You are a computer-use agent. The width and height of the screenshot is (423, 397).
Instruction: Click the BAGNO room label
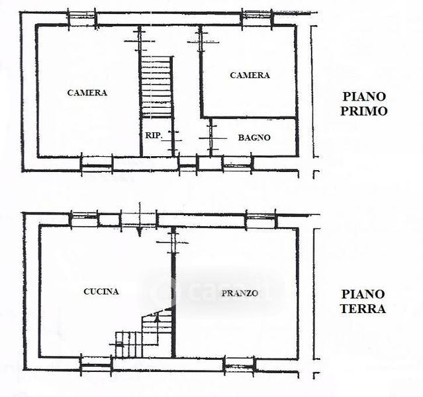[254, 138]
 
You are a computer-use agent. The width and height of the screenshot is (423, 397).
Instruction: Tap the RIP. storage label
[154, 136]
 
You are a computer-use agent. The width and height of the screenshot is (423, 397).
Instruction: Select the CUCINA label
[101, 292]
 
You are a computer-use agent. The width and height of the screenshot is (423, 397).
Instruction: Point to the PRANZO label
[240, 293]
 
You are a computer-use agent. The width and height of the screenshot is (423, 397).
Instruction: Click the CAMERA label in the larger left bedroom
[87, 93]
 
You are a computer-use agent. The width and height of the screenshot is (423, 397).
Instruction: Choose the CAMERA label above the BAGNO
[250, 75]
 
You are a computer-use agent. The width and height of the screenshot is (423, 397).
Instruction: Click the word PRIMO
[363, 111]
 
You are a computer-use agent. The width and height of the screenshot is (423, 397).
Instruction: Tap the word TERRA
[363, 309]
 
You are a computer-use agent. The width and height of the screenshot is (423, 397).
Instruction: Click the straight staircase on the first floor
[156, 87]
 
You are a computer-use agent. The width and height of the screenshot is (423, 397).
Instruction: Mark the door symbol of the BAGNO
[211, 138]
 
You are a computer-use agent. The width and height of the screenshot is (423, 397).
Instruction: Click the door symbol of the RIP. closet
[173, 140]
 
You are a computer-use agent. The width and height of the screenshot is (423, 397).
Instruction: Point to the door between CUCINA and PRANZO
[173, 243]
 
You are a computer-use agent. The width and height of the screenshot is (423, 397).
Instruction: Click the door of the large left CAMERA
[140, 41]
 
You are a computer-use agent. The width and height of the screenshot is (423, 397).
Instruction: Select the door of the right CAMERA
[201, 42]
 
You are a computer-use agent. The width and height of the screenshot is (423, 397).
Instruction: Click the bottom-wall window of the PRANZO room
[240, 365]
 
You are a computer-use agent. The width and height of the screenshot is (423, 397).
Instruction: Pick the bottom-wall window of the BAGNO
[238, 164]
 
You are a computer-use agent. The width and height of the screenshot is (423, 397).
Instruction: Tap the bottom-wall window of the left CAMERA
[97, 164]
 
